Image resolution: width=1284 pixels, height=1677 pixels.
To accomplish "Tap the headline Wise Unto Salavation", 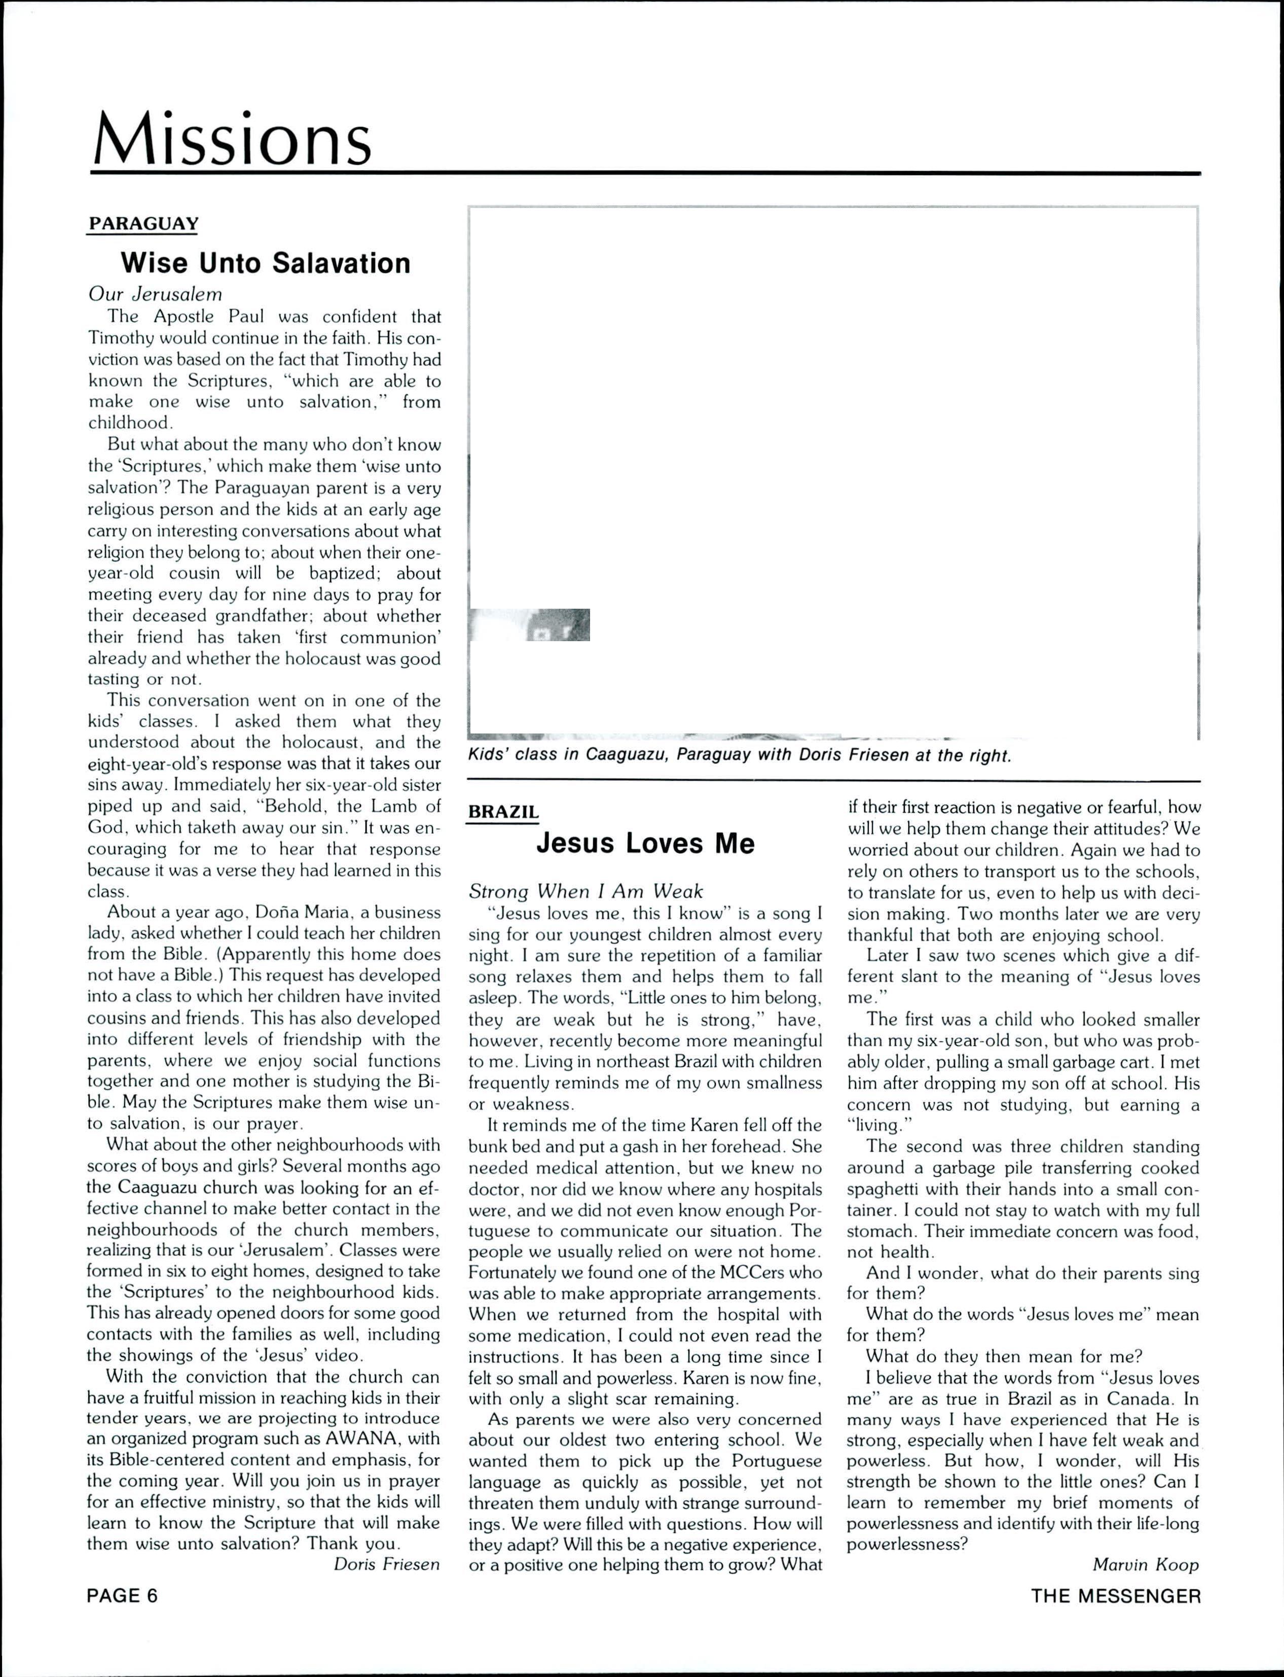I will pyautogui.click(x=265, y=263).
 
